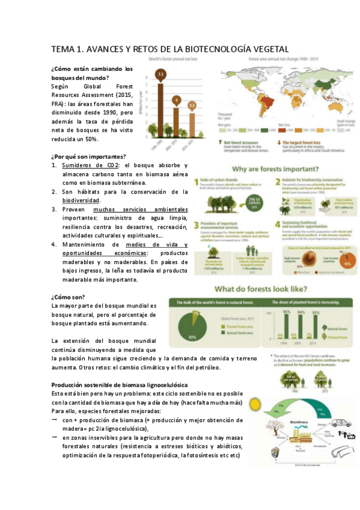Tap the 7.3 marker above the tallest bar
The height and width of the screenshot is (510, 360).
pos(160,75)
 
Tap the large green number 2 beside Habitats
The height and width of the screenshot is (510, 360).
pos(279,182)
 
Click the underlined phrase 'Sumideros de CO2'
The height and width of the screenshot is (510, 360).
pos(90,165)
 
